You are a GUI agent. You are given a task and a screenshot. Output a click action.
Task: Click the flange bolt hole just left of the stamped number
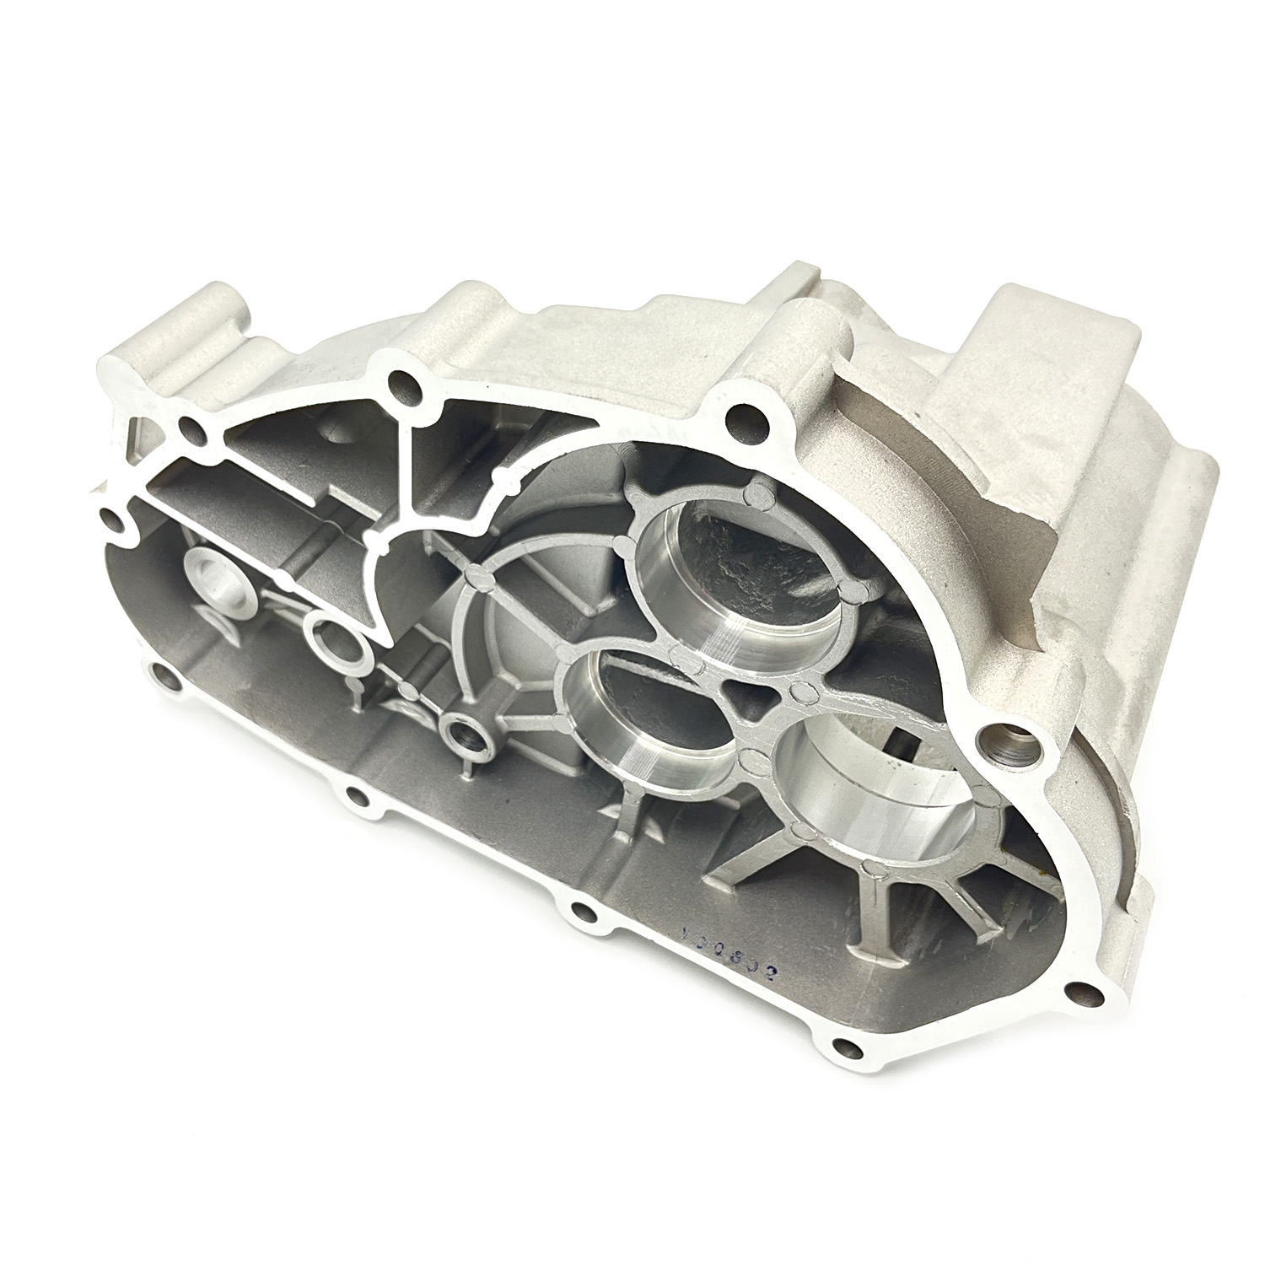pyautogui.click(x=581, y=911)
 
